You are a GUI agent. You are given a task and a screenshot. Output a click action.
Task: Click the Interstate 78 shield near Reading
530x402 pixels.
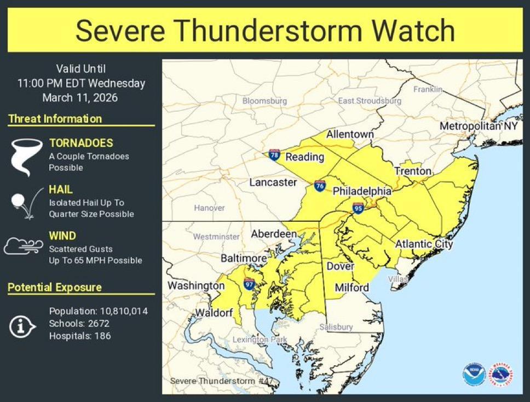click(x=274, y=155)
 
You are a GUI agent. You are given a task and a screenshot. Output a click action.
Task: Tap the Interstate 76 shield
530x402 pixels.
click(x=320, y=186)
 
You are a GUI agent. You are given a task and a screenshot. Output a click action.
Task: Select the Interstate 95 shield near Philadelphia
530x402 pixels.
click(x=358, y=208)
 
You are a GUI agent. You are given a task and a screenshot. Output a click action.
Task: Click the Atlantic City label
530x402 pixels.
click(x=424, y=244)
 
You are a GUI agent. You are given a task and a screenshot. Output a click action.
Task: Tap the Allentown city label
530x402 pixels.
click(x=350, y=135)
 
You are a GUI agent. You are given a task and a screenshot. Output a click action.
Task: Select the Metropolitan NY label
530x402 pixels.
click(x=479, y=127)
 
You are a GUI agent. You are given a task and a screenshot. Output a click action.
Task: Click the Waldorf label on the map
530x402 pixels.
click(x=212, y=313)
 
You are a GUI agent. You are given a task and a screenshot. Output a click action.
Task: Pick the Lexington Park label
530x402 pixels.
click(x=259, y=340)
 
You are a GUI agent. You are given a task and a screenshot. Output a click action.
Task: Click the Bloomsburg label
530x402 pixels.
click(x=264, y=101)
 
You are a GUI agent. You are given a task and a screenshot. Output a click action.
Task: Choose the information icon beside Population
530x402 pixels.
click(x=22, y=327)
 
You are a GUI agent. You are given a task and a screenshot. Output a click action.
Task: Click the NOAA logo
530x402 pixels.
click(x=474, y=375)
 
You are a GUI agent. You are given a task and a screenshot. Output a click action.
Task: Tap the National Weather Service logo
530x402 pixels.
click(x=501, y=375)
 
